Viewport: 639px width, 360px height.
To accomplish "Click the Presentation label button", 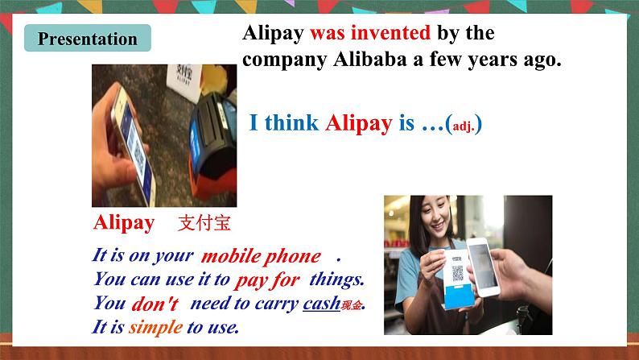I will (88, 39).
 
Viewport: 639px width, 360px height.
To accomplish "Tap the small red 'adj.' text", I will (463, 127).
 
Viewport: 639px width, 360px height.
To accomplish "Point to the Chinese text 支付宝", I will (204, 223).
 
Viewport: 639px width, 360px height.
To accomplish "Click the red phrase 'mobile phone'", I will (260, 256).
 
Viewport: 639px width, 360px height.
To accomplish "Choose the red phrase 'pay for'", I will (267, 280).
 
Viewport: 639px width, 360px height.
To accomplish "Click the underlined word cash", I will (322, 304).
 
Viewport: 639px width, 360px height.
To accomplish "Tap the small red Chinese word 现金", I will (352, 306).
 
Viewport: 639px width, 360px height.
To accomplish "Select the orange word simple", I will (155, 327).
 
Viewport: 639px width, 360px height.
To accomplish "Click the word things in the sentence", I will (336, 280).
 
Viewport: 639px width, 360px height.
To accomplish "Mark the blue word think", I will (291, 123).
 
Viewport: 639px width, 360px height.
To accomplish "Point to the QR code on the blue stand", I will (458, 274).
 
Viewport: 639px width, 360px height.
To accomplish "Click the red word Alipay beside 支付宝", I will (124, 223).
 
